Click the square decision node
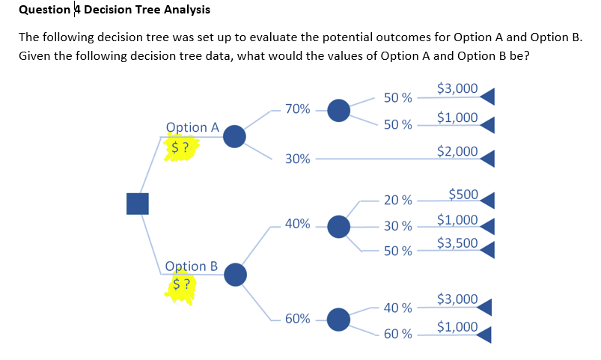pyautogui.click(x=137, y=204)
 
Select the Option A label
pyautogui.click(x=192, y=127)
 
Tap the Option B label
pyautogui.click(x=191, y=266)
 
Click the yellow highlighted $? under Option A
pyautogui.click(x=180, y=147)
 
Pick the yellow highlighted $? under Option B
pyautogui.click(x=180, y=285)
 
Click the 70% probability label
pyautogui.click(x=298, y=109)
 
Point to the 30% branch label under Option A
pyautogui.click(x=298, y=159)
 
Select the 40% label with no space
pyautogui.click(x=298, y=225)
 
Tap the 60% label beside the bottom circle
pyautogui.click(x=298, y=319)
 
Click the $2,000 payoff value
pyautogui.click(x=457, y=151)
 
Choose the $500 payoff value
pyautogui.click(x=463, y=195)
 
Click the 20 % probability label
pyautogui.click(x=397, y=200)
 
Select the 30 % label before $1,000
pyautogui.click(x=397, y=225)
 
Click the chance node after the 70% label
pyautogui.click(x=339, y=110)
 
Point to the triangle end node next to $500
pyautogui.click(x=487, y=200)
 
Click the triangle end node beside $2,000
pyautogui.click(x=487, y=157)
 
